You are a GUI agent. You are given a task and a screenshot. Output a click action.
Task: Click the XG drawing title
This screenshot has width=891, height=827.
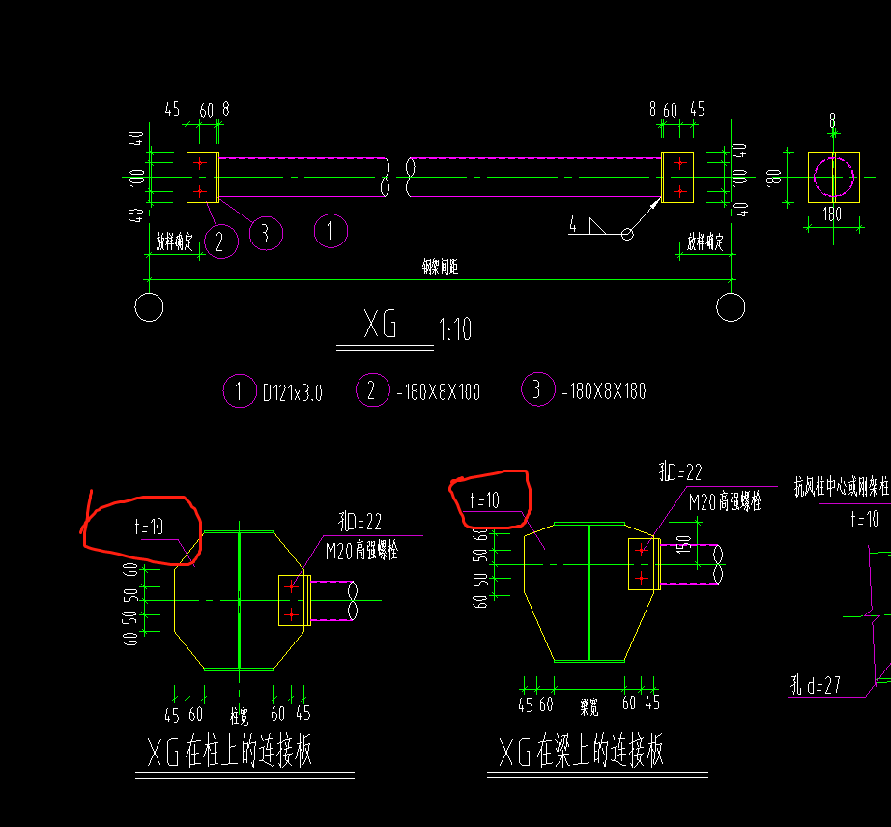[381, 326]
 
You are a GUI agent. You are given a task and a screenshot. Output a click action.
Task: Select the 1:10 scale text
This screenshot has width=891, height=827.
[455, 329]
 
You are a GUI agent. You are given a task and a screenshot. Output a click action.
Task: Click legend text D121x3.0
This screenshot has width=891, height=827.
[292, 392]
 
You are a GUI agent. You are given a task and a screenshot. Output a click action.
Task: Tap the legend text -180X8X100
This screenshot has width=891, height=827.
[438, 392]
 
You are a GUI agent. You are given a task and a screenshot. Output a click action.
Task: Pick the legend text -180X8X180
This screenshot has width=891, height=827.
[603, 391]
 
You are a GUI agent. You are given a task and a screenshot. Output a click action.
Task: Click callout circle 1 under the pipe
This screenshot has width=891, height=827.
[331, 230]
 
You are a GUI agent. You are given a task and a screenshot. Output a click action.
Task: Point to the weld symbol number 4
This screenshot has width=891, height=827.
[573, 226]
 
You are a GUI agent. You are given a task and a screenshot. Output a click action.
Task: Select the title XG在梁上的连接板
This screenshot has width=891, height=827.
[582, 751]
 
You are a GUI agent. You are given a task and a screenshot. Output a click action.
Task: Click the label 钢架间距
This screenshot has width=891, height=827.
[441, 269]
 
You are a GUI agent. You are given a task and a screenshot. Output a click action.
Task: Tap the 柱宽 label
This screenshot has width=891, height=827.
[239, 716]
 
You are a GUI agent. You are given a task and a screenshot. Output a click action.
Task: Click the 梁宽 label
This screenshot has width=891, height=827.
[589, 707]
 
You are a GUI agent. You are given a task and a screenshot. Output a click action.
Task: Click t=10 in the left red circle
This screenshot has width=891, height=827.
[150, 528]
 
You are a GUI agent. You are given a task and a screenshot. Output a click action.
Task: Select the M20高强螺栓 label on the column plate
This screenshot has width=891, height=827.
[361, 552]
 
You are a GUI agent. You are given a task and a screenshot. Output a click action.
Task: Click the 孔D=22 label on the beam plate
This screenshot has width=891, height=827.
[680, 472]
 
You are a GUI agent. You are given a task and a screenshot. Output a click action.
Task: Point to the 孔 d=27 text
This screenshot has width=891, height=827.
[815, 687]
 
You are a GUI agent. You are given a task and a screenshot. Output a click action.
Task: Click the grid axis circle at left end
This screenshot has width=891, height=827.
[149, 307]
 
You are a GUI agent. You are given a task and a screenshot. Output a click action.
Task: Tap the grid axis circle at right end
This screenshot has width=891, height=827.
[732, 307]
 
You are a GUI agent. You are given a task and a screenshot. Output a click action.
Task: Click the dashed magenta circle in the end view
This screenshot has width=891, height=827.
[833, 177]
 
